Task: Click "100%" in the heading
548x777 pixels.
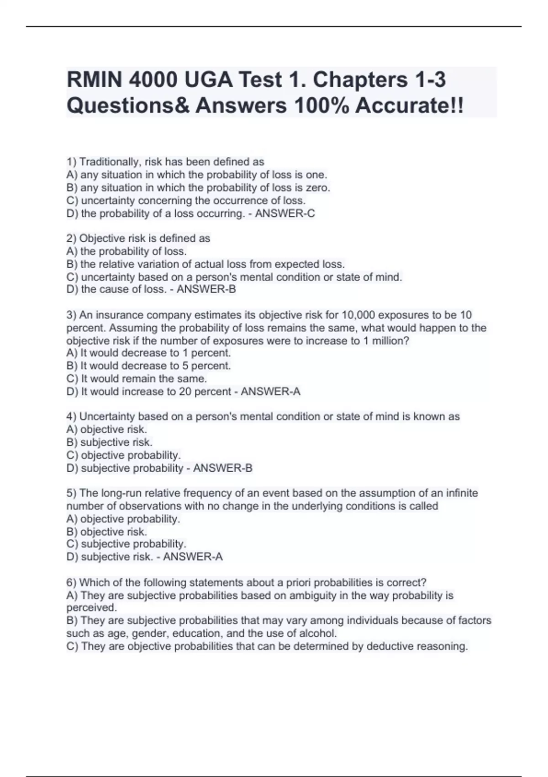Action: coord(321,106)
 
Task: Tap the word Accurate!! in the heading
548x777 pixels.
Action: coord(409,106)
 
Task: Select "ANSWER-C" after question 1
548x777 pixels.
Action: coord(285,213)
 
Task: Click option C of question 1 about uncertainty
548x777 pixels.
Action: coord(186,201)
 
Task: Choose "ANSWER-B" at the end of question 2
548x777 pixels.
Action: coord(206,289)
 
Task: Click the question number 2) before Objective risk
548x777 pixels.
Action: coord(72,239)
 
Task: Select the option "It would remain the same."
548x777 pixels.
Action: coord(137,378)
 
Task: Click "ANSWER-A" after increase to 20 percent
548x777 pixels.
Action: coord(270,392)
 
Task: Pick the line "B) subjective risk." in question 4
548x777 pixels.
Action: coord(109,442)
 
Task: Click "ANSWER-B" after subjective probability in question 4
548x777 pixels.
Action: coord(223,468)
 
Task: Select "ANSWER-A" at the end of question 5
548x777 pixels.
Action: coord(193,557)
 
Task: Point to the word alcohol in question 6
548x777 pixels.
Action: coord(318,633)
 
